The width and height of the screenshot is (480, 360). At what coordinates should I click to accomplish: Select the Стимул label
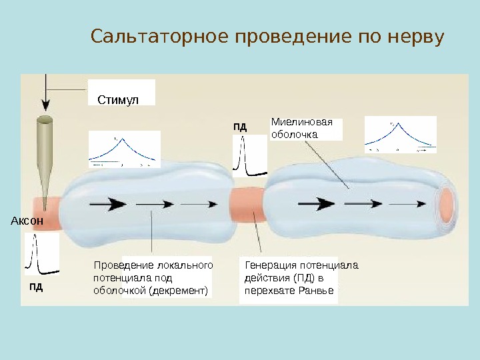pyautogui.click(x=118, y=99)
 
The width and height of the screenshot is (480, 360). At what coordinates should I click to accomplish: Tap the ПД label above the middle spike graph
pyautogui.click(x=240, y=125)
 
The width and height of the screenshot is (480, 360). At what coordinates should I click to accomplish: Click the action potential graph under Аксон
pyautogui.click(x=41, y=255)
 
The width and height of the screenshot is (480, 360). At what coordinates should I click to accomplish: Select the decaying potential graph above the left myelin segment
pyautogui.click(x=124, y=149)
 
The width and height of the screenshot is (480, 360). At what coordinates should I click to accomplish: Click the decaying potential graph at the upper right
pyautogui.click(x=400, y=137)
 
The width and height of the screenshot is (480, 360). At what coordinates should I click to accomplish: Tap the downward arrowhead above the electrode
pyautogui.click(x=45, y=105)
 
